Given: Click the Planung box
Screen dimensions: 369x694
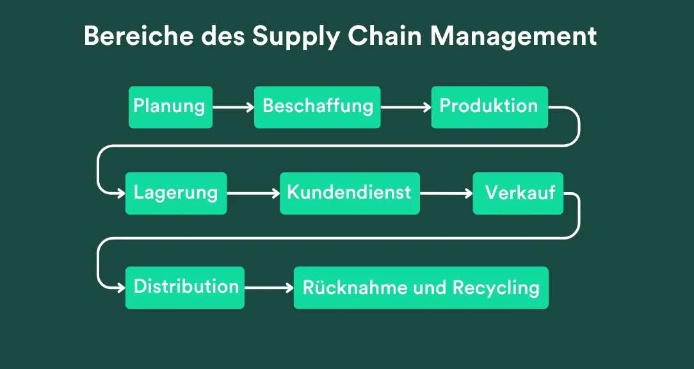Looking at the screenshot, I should click(170, 107).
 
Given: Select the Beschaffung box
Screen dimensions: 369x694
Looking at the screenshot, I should click(318, 107).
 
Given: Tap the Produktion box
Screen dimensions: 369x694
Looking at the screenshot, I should click(489, 107).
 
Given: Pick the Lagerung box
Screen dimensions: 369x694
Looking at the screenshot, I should click(175, 193).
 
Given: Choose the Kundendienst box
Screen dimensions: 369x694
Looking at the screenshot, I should click(350, 193).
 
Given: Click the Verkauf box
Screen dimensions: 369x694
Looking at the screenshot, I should click(518, 193).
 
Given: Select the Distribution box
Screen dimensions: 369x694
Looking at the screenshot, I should click(185, 287).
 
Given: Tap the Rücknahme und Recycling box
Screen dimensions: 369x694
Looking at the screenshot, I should click(421, 288).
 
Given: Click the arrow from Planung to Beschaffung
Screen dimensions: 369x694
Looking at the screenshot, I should click(233, 108).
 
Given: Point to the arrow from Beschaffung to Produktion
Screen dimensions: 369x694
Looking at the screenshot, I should click(405, 108).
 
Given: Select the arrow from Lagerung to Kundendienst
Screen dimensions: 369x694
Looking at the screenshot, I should click(253, 193).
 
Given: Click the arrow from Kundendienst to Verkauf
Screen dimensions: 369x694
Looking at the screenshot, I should click(446, 193).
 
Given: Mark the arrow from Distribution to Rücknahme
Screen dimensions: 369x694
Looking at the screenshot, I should click(269, 288).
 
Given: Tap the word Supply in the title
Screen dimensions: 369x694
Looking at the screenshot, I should click(296, 37).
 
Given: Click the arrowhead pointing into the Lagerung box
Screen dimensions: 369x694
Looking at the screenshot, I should click(120, 193).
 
